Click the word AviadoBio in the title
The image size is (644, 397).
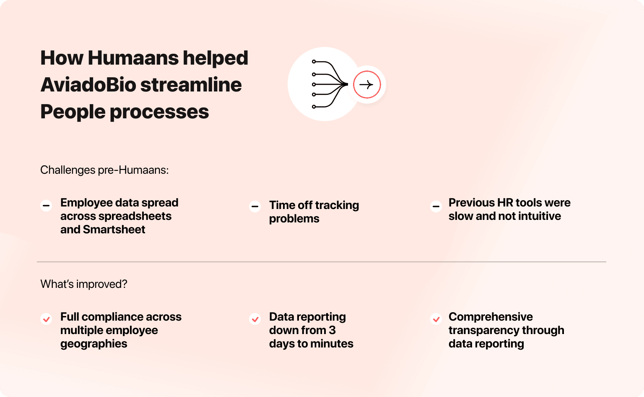pos(88,85)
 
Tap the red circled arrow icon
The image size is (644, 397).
pos(367,85)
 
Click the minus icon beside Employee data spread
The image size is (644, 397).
pos(46,206)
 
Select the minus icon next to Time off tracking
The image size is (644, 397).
pos(255,206)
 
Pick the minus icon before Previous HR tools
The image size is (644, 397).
pos(436,206)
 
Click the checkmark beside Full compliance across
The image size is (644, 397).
pos(46,319)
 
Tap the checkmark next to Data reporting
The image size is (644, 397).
pos(255,319)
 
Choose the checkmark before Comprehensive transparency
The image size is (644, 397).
pos(436,319)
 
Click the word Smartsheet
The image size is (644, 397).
pos(114,230)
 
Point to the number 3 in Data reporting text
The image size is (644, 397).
pos(332,330)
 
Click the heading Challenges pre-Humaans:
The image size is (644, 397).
pos(104,170)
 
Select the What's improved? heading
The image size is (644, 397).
pos(84,284)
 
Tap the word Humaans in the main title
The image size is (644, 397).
pos(133,58)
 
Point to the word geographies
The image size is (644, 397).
pos(94,344)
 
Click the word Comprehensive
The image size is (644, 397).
pos(491,317)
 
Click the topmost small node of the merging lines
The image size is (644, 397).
pos(314,62)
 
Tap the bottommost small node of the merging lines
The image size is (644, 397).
pos(314,107)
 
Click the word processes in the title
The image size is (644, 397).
pos(159,112)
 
